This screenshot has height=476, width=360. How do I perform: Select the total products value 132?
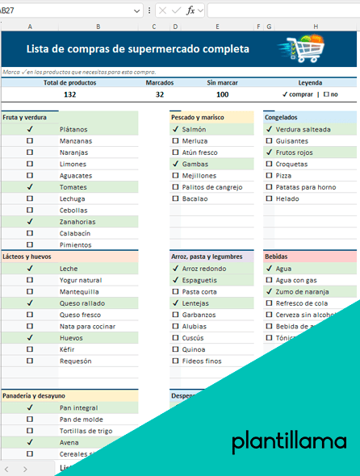(x=69, y=94)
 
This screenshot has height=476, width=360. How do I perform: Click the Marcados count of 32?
(x=159, y=94)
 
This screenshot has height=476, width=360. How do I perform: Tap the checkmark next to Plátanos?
(x=30, y=129)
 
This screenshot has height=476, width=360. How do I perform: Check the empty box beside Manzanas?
(x=30, y=140)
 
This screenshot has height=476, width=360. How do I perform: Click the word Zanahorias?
(x=78, y=222)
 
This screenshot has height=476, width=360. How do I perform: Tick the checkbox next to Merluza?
(x=175, y=140)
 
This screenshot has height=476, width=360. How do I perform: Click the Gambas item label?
(x=195, y=164)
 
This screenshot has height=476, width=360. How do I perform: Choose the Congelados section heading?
(x=282, y=117)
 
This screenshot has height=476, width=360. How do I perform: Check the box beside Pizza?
(x=269, y=175)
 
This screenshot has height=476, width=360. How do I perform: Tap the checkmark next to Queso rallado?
(x=30, y=303)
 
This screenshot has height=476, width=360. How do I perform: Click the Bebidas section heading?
(x=276, y=257)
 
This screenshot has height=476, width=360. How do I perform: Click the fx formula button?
(x=190, y=10)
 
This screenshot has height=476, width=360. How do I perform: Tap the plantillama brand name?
(x=288, y=441)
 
